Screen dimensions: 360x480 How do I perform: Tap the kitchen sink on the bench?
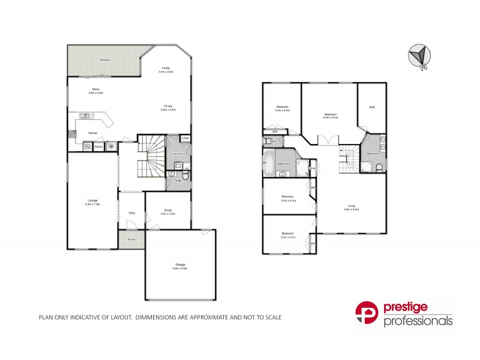coord(86,116)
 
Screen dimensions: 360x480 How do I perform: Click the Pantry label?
coord(98,146)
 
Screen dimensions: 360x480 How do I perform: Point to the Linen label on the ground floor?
coord(185,139)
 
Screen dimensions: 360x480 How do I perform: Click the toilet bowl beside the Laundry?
coord(185,175)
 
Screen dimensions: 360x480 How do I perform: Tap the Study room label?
coord(168,209)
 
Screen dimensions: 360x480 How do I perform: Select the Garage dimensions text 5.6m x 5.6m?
coord(181,268)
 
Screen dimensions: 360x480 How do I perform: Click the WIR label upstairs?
coord(371,107)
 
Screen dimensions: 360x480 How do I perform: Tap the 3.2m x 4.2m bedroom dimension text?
coord(289,237)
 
